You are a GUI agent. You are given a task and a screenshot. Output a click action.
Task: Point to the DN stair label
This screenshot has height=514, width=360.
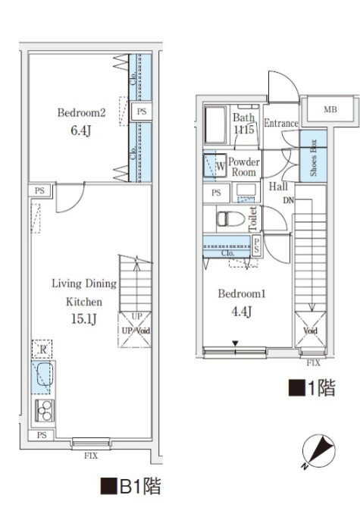[x=288, y=200]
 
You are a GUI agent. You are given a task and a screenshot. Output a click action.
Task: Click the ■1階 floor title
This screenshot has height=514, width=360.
[x=311, y=390]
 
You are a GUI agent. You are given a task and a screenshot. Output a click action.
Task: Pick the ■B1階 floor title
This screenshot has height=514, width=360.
[x=130, y=485]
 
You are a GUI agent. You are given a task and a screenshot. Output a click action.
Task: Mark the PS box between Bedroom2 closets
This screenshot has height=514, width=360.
[x=141, y=111]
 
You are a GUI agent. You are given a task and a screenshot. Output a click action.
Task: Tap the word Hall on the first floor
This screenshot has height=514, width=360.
[x=277, y=186]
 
